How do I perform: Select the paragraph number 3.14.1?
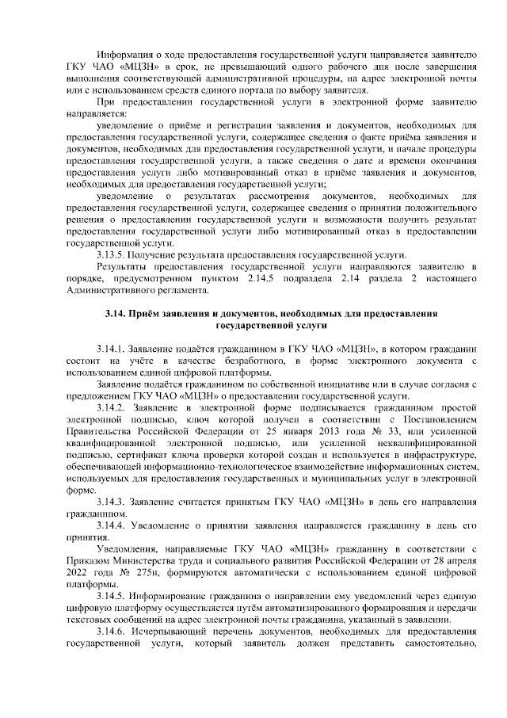click(x=111, y=349)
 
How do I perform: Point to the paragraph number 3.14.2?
click(x=111, y=407)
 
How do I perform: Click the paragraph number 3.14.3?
click(x=111, y=502)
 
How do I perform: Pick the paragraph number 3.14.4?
click(x=111, y=525)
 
